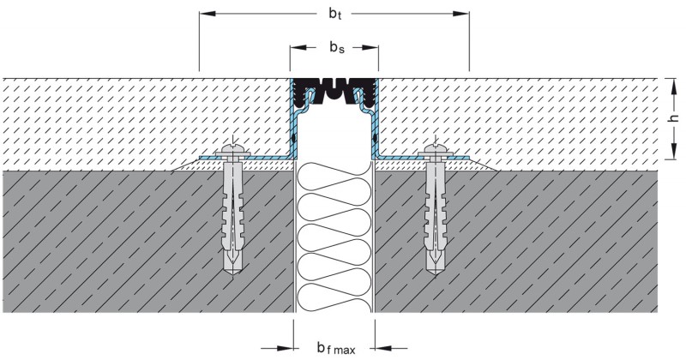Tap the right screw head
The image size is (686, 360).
pos(434,153)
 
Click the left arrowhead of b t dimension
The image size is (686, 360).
pos(206,15)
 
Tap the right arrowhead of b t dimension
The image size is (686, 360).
pos(462,15)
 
